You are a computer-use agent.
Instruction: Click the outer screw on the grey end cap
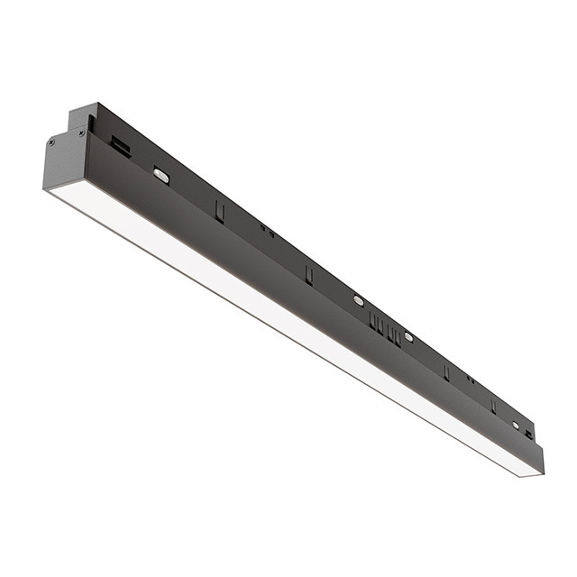(52, 142)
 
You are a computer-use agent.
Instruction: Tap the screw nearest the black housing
(82, 133)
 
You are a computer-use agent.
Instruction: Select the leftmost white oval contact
(160, 176)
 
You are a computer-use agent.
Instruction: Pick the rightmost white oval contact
(517, 425)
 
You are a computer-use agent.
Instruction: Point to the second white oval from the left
(359, 300)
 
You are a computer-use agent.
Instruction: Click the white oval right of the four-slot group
(408, 337)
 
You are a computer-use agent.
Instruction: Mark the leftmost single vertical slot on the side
(219, 210)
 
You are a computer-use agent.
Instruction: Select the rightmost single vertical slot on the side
(493, 406)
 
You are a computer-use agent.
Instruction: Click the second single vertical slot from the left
(308, 274)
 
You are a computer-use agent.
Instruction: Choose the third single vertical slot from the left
(445, 372)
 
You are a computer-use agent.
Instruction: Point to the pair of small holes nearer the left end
(268, 230)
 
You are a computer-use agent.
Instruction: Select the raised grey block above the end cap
(81, 117)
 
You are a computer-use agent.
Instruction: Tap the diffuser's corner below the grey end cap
(47, 189)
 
